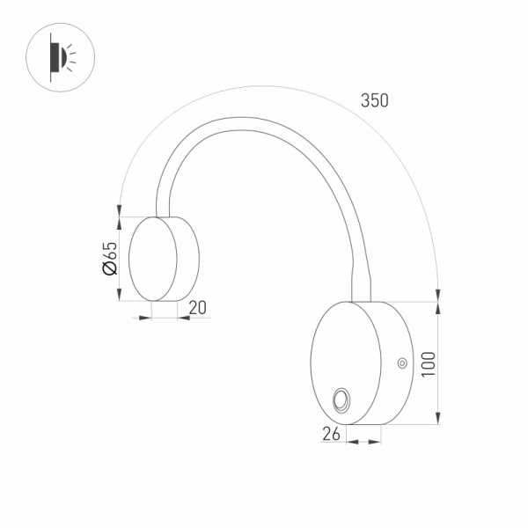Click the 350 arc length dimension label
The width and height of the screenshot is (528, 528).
click(x=374, y=100)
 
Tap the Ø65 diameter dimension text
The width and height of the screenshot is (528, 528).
click(x=110, y=258)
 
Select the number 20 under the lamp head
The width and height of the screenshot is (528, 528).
click(x=197, y=307)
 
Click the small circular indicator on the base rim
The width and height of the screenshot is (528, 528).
click(x=401, y=362)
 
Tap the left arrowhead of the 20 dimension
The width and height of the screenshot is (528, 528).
click(x=147, y=317)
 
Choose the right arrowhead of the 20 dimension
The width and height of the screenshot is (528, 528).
click(x=182, y=317)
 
